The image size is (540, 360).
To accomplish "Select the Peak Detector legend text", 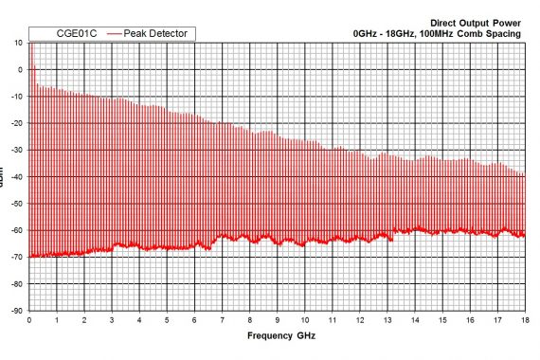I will coord(159,34).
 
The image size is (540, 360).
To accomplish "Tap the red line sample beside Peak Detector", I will coord(115,34).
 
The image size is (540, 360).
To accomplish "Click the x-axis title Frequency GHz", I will coord(280,335).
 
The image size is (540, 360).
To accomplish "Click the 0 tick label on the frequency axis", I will coord(30,320).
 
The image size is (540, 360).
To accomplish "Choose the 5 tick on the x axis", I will coord(168,320).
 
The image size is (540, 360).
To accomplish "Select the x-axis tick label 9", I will coord(278,320).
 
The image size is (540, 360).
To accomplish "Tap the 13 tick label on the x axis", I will coord(387,320).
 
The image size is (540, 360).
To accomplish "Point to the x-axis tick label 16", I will coord(470,320).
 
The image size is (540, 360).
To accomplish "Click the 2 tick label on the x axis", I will coord(85,320).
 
